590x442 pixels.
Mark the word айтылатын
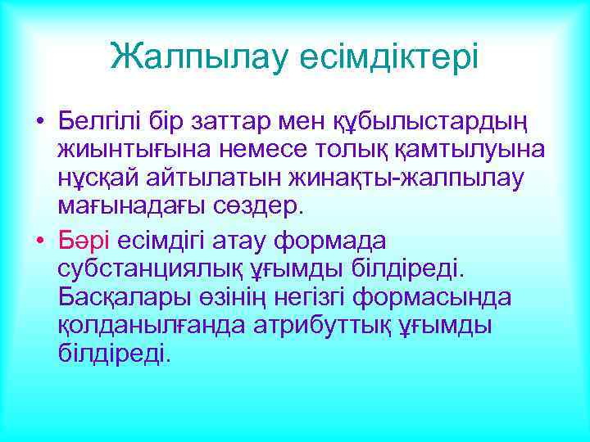(x=220, y=178)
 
